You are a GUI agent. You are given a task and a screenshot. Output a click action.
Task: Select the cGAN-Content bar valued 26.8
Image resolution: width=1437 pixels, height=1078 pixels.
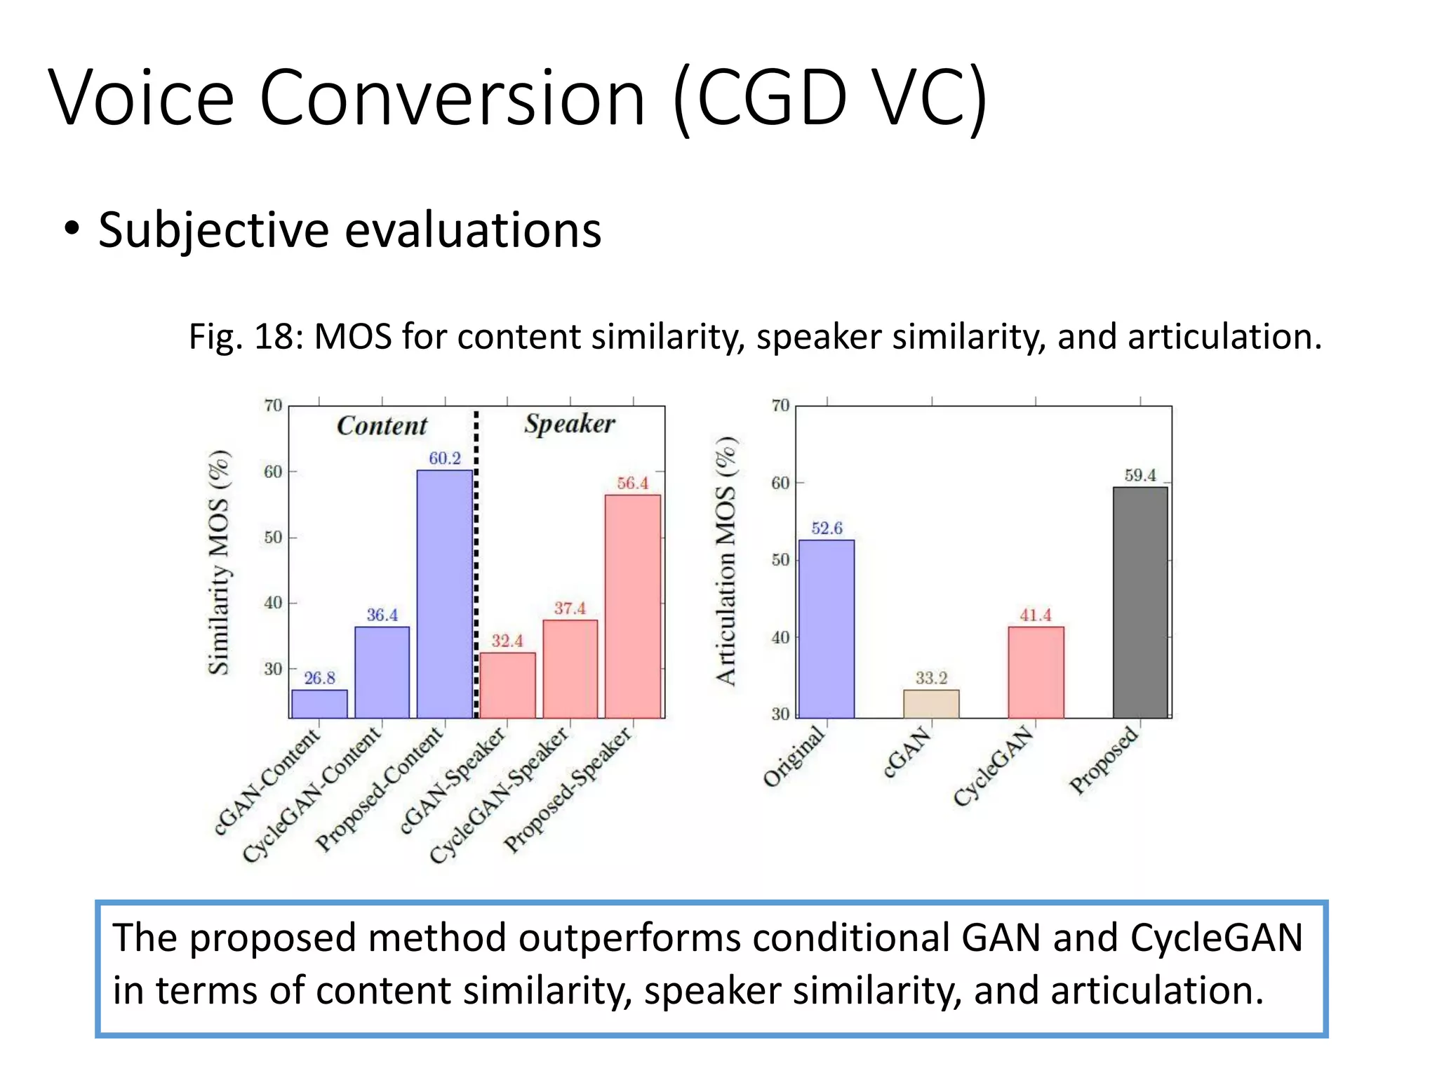click(319, 703)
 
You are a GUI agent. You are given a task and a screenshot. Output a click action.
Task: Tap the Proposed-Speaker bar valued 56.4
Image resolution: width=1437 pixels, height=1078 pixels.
click(633, 606)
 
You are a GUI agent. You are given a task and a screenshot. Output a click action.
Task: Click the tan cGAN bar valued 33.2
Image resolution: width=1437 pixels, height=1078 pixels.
click(931, 703)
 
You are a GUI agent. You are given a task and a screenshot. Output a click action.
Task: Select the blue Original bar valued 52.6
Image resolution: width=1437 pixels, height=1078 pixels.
click(827, 629)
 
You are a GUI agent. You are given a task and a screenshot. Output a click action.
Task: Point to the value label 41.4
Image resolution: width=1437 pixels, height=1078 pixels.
click(1036, 615)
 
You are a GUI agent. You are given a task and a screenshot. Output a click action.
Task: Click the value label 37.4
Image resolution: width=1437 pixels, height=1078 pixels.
click(570, 608)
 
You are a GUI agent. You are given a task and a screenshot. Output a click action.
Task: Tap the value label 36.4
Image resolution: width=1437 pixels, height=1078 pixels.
click(382, 615)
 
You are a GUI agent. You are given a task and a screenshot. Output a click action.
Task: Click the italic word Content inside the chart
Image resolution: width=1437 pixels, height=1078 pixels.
click(382, 426)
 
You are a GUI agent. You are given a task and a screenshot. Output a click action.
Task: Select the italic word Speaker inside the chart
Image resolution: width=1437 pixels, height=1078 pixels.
click(569, 424)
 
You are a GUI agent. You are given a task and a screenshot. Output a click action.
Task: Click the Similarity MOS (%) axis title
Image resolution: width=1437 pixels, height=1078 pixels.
click(220, 562)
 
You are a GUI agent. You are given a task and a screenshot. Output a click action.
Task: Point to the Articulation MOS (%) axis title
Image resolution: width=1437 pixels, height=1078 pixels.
click(726, 561)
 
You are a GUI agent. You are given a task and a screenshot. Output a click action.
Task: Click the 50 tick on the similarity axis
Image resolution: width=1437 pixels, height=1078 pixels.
click(272, 538)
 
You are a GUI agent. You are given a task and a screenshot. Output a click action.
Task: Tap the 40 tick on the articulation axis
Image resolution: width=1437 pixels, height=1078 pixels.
click(780, 638)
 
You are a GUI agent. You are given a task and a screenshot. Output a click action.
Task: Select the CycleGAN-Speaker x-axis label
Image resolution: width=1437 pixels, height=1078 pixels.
click(500, 796)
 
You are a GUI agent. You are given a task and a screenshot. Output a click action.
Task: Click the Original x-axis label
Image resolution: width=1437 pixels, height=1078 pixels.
click(794, 757)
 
